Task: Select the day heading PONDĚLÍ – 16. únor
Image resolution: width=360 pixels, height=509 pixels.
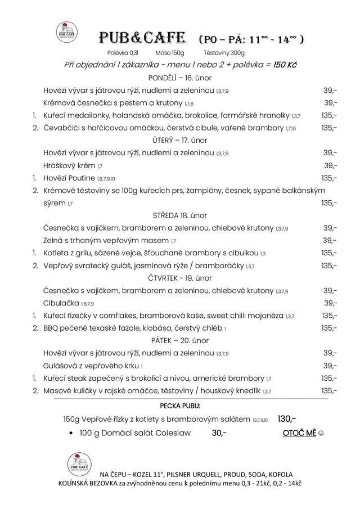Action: click(x=179, y=78)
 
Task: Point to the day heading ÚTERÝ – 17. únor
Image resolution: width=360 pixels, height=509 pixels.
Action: click(x=179, y=140)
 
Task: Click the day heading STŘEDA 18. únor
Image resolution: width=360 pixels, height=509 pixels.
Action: click(x=179, y=215)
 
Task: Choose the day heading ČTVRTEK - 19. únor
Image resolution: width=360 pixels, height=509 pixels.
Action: click(x=179, y=278)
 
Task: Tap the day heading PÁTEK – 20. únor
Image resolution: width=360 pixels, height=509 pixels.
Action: click(x=179, y=340)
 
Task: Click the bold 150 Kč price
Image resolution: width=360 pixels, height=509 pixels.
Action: click(x=285, y=65)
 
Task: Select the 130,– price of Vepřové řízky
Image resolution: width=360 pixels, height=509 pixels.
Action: click(x=286, y=418)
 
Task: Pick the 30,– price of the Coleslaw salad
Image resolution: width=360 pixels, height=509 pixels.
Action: click(x=219, y=433)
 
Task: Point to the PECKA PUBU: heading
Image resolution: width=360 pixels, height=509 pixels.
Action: click(x=179, y=406)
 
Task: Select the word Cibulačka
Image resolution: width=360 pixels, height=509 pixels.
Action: click(x=61, y=303)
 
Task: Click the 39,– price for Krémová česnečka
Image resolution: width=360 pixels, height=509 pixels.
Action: click(x=330, y=103)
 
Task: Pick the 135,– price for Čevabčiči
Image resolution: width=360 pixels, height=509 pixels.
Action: click(x=329, y=128)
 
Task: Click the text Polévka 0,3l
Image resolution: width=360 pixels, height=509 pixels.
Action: click(x=123, y=52)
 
